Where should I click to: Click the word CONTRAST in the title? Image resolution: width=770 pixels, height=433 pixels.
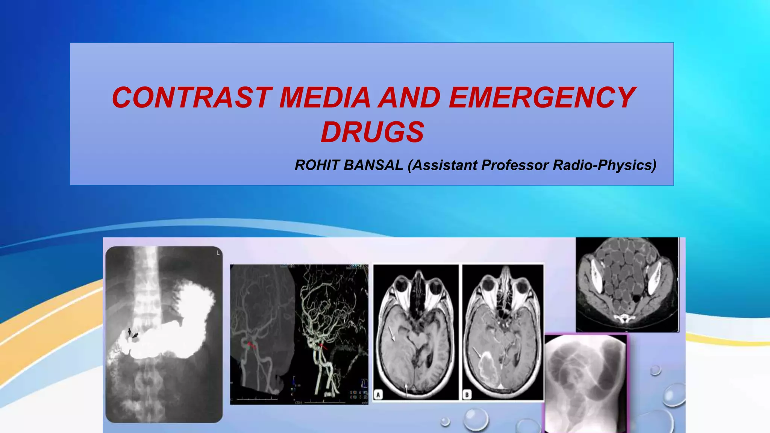pos(191,98)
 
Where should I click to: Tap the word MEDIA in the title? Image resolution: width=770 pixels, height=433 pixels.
pos(325,98)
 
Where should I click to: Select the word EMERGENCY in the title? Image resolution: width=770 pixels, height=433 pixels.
pos(541,98)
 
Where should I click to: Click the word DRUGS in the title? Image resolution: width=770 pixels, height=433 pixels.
pos(372,132)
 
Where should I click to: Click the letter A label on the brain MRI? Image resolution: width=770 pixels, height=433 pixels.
pos(379,394)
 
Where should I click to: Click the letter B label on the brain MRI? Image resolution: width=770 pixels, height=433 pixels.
pos(467,394)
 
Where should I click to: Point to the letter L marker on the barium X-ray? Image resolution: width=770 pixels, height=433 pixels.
pos(218,253)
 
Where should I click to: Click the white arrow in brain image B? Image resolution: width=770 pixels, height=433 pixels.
pos(477,352)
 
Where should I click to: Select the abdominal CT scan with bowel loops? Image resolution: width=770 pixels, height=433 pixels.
pos(627,285)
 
